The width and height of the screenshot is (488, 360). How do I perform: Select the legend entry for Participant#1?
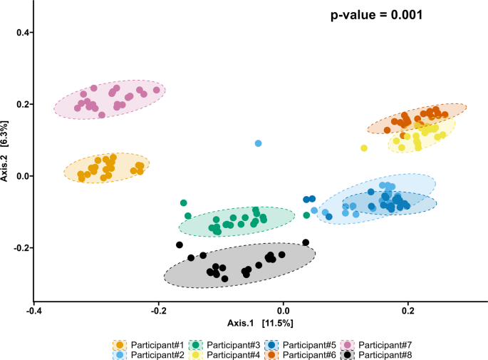tap(151, 344)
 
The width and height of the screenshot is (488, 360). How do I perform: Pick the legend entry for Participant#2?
tap(151, 354)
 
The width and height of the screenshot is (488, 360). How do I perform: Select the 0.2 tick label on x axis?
tap(407, 312)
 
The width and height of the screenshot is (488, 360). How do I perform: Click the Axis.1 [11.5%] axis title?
tap(259, 324)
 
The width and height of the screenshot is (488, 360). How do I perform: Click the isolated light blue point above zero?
tap(259, 143)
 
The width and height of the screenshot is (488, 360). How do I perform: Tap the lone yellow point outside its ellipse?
tap(364, 148)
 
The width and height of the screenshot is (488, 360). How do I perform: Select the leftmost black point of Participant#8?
tap(180, 245)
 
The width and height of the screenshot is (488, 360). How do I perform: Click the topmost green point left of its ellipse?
tap(184, 203)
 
